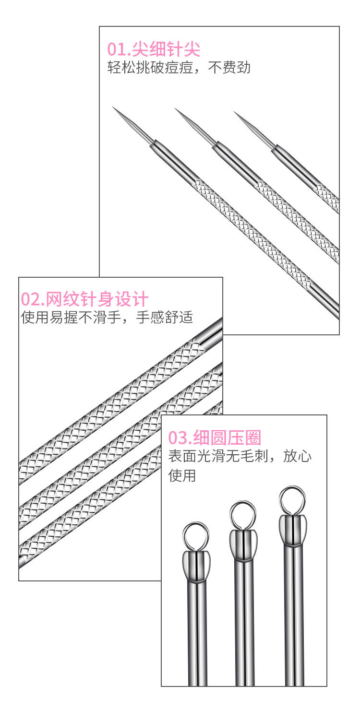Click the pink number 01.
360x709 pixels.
115,49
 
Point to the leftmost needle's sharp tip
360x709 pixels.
114,107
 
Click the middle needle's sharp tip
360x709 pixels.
176,109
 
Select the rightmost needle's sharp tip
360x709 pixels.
235,112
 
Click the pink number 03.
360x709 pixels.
178,437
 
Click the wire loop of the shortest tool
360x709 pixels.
195,535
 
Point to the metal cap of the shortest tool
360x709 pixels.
196,566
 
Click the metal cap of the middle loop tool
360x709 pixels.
243,545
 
